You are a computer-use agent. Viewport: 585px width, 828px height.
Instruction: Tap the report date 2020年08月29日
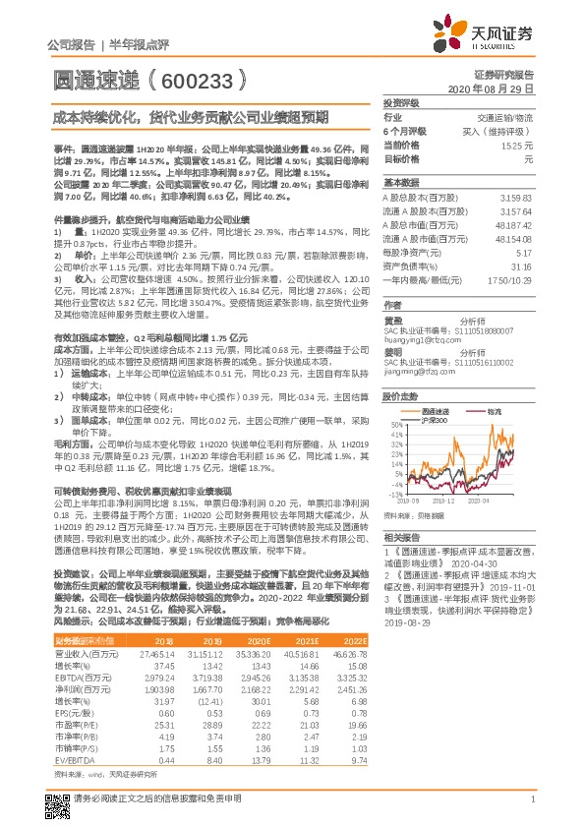pos(497,88)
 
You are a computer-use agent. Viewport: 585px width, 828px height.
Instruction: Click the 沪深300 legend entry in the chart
pos(433,419)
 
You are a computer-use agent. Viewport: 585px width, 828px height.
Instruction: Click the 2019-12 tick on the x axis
pos(444,500)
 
